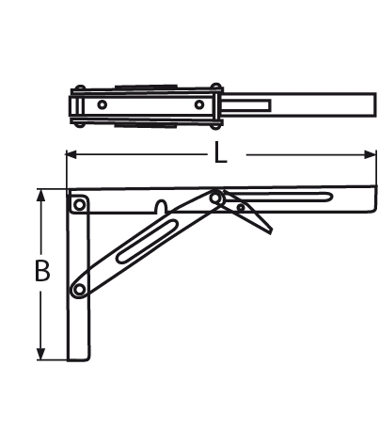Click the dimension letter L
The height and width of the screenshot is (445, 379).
pos(220,153)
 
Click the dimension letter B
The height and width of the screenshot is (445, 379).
pos(42,272)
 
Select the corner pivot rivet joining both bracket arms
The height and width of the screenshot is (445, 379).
pos(79,201)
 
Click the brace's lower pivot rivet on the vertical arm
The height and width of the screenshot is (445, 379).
pos(81,287)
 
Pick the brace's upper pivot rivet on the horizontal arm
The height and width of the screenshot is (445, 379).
pos(217,197)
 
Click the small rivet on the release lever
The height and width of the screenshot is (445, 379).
pos(242,207)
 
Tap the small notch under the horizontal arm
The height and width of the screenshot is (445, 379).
pos(162,206)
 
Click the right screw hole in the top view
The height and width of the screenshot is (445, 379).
pos(198,103)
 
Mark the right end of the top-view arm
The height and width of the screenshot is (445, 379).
pos(371,103)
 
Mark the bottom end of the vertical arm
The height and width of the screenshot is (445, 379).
pos(76,358)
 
